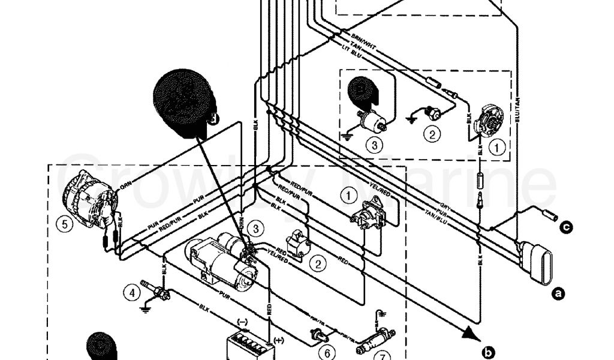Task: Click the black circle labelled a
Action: [x=558, y=293]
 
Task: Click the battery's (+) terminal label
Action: [x=278, y=341]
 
